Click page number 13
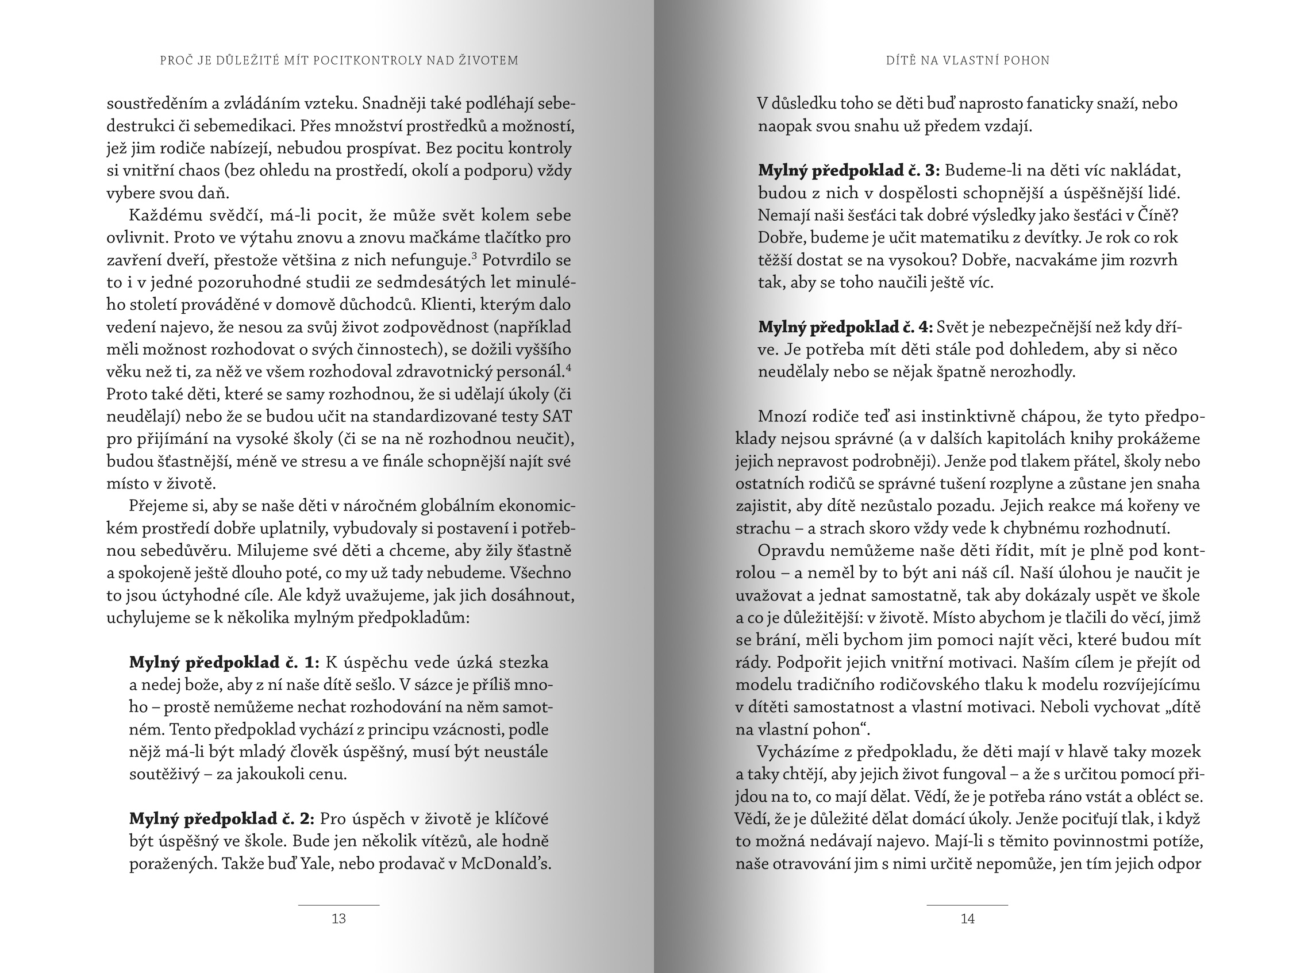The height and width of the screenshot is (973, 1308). coord(338,919)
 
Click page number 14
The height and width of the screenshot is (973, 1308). coord(968,919)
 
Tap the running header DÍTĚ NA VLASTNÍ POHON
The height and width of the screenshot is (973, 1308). coord(968,60)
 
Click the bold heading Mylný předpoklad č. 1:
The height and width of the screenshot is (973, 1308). coord(224,663)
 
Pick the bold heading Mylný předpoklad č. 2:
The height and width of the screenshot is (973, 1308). coord(222,818)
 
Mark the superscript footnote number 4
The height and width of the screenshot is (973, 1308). coord(568,367)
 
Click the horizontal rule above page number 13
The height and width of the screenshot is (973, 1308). coord(338,905)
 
